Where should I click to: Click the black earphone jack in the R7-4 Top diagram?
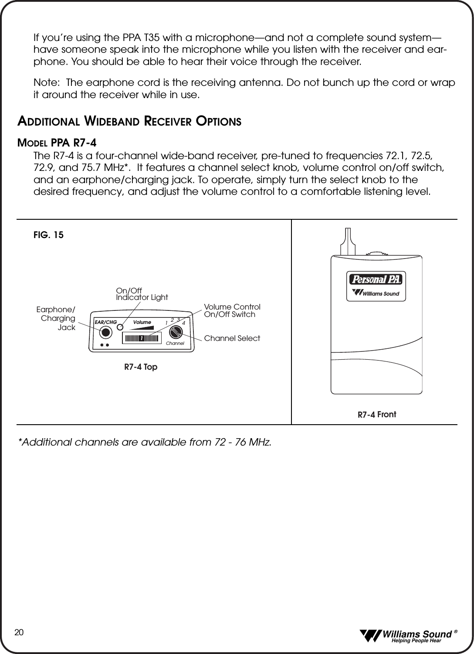tap(106, 332)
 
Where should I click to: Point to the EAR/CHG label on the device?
tap(106, 322)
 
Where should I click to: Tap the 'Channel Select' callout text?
tap(232, 338)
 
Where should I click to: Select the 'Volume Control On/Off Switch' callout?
tap(232, 311)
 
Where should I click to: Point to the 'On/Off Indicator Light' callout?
tap(142, 294)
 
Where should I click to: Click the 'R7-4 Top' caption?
tap(141, 367)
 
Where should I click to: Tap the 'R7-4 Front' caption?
tap(377, 415)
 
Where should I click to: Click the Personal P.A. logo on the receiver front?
tap(375, 279)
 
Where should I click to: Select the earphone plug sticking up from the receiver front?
tap(348, 242)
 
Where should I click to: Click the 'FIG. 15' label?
tap(48, 235)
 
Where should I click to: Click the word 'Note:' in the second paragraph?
tap(47, 83)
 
